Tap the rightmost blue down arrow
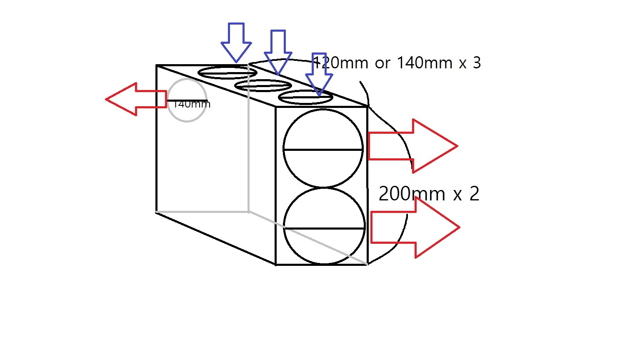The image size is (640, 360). (x=319, y=74)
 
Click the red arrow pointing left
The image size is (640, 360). (x=136, y=99)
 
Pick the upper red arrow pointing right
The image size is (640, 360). (x=413, y=146)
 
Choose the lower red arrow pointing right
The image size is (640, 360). (x=415, y=227)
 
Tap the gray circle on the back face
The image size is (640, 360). (x=167, y=100)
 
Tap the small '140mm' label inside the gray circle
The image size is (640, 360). (x=191, y=104)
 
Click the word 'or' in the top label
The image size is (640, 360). (x=382, y=63)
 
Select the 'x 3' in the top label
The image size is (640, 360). (x=470, y=63)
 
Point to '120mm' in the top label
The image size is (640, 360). (x=340, y=62)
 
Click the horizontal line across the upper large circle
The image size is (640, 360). (x=323, y=150)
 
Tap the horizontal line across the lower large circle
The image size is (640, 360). (x=325, y=229)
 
